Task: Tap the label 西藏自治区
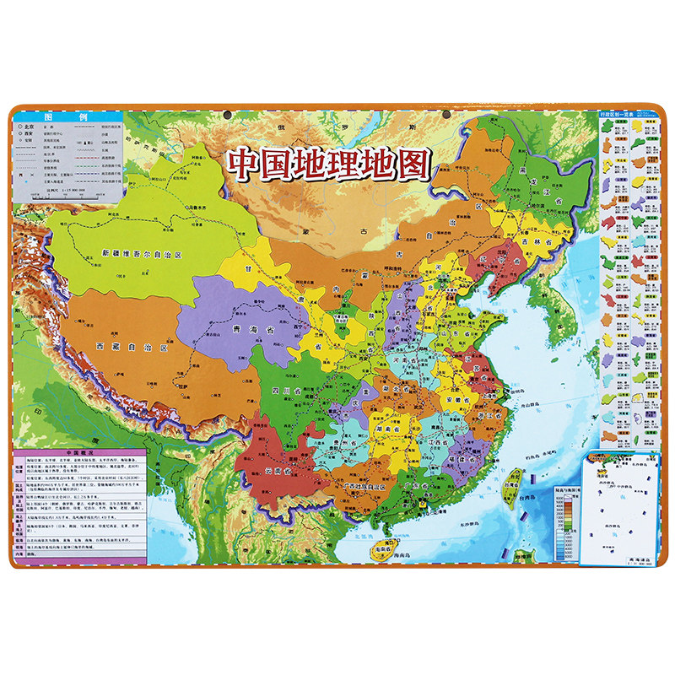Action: (x=132, y=346)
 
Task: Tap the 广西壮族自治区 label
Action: (x=361, y=488)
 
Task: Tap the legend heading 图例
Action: (x=67, y=118)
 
